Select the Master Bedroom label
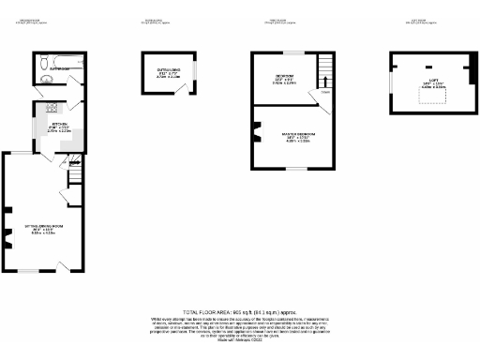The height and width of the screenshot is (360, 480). pos(299,136)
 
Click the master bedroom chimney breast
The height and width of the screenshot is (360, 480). pos(255,132)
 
